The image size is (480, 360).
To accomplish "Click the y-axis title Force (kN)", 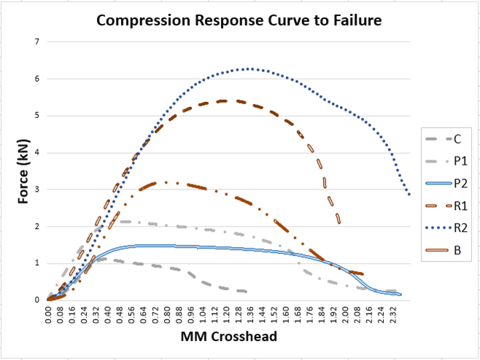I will click(23, 170).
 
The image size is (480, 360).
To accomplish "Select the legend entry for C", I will click(446, 138).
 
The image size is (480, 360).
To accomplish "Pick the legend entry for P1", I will click(446, 161).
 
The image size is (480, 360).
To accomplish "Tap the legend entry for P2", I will click(446, 184).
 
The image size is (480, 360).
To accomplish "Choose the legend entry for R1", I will click(446, 206).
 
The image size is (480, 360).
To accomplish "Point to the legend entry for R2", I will click(446, 229).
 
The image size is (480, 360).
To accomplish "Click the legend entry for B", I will click(446, 251).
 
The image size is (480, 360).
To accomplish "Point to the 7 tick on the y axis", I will click(36, 42).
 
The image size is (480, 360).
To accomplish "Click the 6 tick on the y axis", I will click(36, 79).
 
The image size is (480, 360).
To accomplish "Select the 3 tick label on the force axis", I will click(36, 189).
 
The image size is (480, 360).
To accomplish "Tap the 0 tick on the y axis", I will click(36, 300).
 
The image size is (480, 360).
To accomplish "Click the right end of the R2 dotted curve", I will click(409, 195).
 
